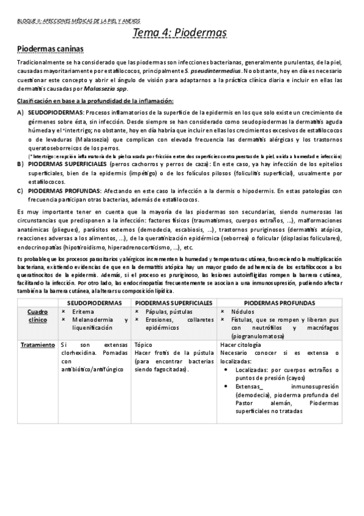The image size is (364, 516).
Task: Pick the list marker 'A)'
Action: point(21,113)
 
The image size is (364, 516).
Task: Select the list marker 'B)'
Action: point(21,164)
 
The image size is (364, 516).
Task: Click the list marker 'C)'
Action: point(21,191)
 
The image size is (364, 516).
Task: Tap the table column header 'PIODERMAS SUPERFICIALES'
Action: point(173,302)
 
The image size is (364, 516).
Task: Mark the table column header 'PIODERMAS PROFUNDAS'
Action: point(280,302)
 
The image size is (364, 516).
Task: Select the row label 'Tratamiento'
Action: point(37,344)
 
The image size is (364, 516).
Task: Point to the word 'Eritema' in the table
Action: point(83,311)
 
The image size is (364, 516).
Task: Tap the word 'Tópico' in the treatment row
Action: point(143,344)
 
